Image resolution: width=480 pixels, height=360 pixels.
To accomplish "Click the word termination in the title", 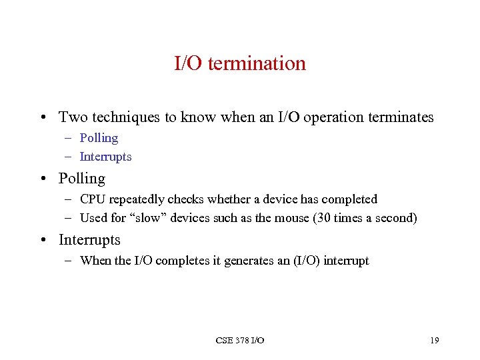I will (x=257, y=63).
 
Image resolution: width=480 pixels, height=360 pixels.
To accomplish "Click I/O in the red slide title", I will (x=189, y=63).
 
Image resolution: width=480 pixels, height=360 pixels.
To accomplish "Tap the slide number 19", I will (x=435, y=341).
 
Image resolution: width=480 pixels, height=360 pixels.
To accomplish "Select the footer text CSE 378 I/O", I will (x=240, y=341).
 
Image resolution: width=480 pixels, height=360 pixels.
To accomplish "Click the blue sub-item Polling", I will (x=99, y=138).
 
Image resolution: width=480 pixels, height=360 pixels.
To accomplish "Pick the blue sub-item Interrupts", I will (x=105, y=157).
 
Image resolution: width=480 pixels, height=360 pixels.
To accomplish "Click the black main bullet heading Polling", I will (x=82, y=179).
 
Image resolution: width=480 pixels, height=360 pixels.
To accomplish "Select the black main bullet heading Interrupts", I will (x=89, y=239).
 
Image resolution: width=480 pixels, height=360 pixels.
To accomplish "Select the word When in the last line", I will (x=95, y=261).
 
